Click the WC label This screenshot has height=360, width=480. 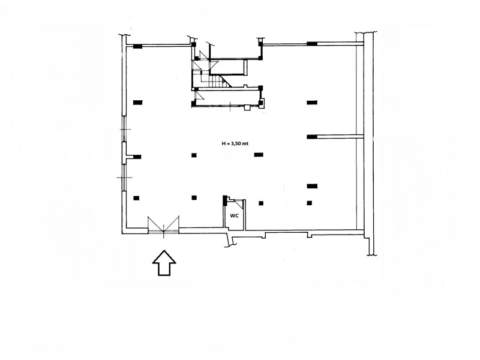point(234,215)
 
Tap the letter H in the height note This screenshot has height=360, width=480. point(223,143)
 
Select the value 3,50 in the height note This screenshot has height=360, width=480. point(235,143)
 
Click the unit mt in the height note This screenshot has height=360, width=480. point(245,143)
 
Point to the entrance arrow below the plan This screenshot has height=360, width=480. point(164,263)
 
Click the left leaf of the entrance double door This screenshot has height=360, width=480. point(155,225)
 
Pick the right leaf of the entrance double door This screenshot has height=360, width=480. point(172,225)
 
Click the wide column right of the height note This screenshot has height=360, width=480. point(259,155)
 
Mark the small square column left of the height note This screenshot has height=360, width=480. point(194,155)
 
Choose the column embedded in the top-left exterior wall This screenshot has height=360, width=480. point(138,47)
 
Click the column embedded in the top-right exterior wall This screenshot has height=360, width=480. point(312,44)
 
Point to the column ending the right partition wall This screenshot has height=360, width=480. point(311,137)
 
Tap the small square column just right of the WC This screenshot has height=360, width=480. point(261,203)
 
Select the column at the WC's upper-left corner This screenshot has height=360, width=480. point(224,200)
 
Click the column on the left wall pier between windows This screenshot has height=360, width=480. point(137,157)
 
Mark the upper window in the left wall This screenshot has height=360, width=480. point(124,128)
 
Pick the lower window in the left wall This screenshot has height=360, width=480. point(124,178)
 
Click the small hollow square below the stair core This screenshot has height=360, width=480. point(247,107)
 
